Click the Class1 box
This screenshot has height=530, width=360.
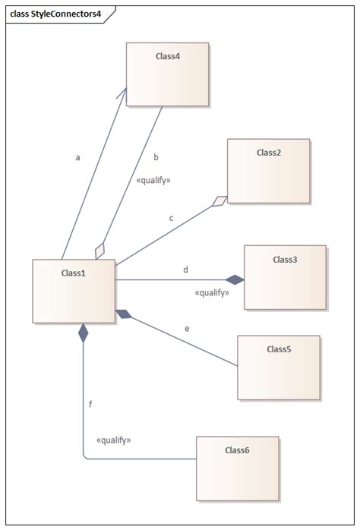[x=73, y=291]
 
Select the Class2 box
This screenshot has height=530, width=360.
[x=268, y=170]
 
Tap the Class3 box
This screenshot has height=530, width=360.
[x=285, y=276]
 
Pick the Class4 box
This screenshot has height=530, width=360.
[x=167, y=74]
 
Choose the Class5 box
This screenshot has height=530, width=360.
[x=279, y=367]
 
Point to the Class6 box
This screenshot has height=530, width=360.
[x=237, y=468]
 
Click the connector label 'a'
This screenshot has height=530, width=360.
[x=77, y=158]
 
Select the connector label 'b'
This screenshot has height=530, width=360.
[x=156, y=158]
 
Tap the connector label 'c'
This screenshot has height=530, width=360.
[x=171, y=218]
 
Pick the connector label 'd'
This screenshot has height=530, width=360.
[x=186, y=270]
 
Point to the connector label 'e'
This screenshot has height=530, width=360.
[x=187, y=329]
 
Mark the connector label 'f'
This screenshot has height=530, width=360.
[x=90, y=404]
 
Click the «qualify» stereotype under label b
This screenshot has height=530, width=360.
[x=153, y=181]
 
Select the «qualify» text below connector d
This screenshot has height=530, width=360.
[x=212, y=292]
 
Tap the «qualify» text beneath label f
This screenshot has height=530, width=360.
[x=114, y=440]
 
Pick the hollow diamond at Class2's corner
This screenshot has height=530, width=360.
[x=219, y=201]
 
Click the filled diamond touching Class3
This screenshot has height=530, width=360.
[x=235, y=279]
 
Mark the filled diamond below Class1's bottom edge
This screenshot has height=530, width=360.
[x=84, y=332]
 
